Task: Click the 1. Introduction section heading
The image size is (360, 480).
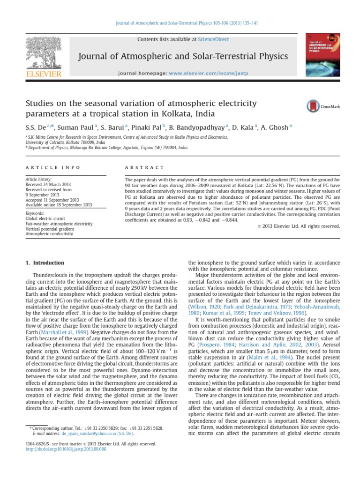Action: (45, 263)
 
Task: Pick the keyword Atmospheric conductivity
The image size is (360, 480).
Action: (50, 234)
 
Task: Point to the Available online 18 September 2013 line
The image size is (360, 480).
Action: (59, 204)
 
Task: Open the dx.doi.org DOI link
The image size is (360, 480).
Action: (66, 449)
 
